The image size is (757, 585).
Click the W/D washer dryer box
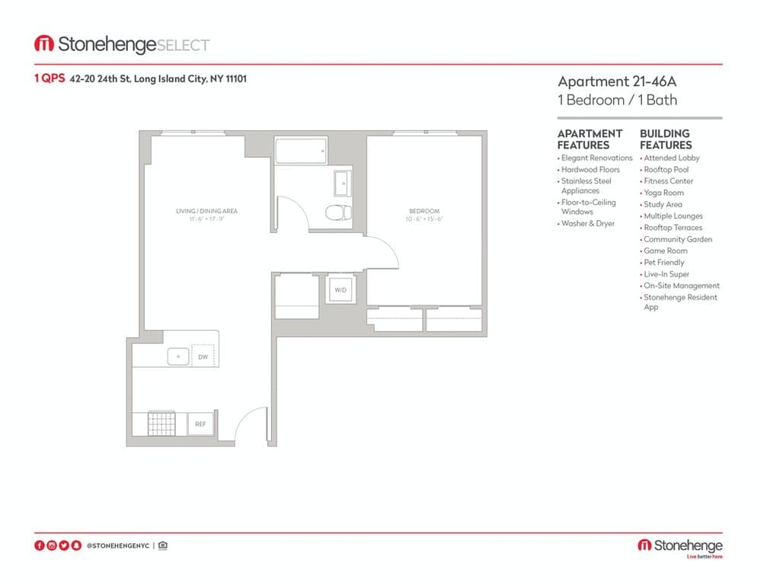(340, 290)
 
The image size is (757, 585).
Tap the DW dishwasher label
(203, 356)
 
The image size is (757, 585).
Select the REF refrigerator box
(200, 424)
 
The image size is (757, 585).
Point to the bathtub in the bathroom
(301, 151)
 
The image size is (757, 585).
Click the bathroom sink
(342, 184)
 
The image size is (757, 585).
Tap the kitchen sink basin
(179, 356)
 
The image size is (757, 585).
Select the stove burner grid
(161, 423)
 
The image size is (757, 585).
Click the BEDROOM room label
(424, 211)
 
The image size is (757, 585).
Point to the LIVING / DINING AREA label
(207, 211)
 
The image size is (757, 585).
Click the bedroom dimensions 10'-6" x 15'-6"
(424, 219)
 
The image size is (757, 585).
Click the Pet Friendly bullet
(663, 263)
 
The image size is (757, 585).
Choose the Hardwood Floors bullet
(590, 170)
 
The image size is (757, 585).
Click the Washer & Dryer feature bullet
(587, 224)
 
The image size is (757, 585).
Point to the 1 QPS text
(50, 78)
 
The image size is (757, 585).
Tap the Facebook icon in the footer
(40, 545)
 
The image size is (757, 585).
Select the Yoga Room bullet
(663, 193)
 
